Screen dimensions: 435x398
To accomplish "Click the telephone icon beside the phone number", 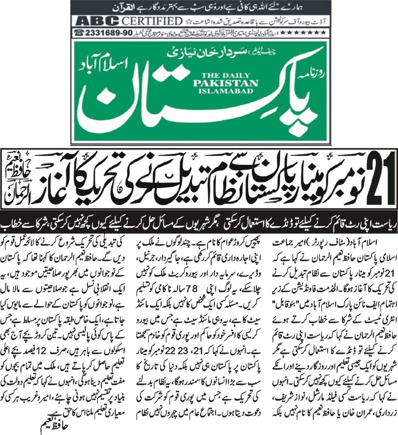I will (78, 32).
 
